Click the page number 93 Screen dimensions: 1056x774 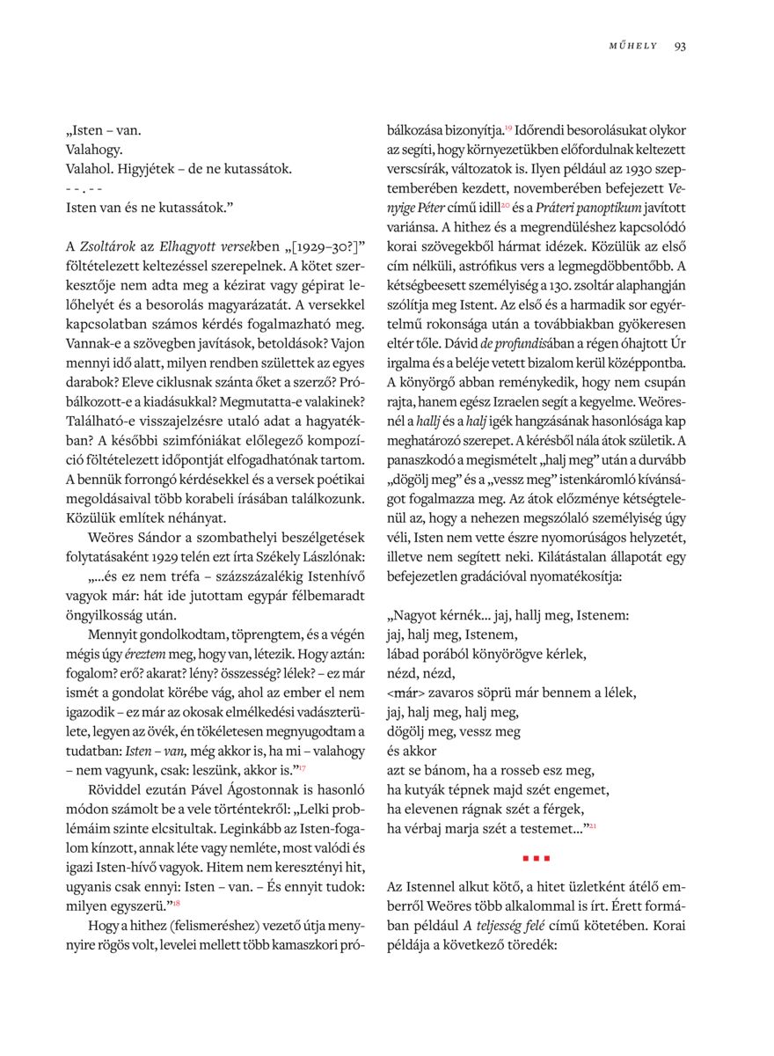tap(680, 47)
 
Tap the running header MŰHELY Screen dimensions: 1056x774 tap(632, 47)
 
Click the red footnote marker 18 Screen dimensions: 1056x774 tap(176, 903)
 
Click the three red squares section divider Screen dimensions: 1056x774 tap(536, 856)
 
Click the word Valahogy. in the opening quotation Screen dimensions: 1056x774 tap(94, 150)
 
